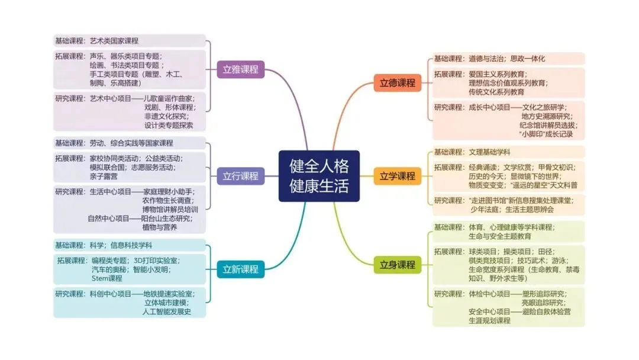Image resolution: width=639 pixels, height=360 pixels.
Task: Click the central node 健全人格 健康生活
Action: click(319, 176)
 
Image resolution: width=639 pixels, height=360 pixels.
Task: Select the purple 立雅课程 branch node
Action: click(240, 69)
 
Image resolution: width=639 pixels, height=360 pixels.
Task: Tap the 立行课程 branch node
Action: click(240, 176)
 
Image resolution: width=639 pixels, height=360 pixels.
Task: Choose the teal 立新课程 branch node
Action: click(240, 269)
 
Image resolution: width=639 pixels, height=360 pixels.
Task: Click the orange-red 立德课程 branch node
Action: click(397, 82)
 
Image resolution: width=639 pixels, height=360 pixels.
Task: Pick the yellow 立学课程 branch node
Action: click(397, 176)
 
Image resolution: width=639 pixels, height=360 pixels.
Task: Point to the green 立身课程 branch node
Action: click(397, 264)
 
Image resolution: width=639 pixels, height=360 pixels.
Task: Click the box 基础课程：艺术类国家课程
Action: click(130, 41)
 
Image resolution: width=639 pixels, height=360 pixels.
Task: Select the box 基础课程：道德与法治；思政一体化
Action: click(508, 59)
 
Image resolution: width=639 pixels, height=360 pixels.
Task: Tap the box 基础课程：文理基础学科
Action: click(508, 152)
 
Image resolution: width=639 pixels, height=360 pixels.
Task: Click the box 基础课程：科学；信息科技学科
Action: click(130, 245)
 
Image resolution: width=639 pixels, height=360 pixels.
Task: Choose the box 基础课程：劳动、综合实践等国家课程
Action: click(130, 143)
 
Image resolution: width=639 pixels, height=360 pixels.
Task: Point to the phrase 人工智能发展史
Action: click(167, 311)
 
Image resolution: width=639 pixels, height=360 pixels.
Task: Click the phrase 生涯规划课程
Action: click(489, 320)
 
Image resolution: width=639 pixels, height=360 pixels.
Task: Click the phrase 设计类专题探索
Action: click(169, 126)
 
